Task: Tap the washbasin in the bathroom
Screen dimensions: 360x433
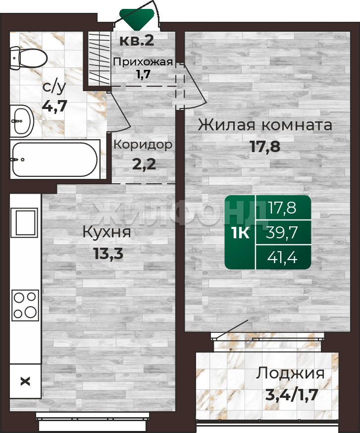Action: click(x=22, y=121)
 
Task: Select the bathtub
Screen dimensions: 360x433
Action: click(x=55, y=159)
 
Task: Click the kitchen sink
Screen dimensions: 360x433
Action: click(x=24, y=222)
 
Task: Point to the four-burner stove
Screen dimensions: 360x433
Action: click(x=25, y=305)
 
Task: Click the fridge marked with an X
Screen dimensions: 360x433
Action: click(x=25, y=381)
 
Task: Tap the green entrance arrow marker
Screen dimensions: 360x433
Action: click(x=137, y=19)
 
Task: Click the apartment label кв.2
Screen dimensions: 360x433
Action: click(x=137, y=41)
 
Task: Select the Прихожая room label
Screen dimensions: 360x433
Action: click(x=143, y=61)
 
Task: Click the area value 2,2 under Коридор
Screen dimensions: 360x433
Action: click(x=144, y=164)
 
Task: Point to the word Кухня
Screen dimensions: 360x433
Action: click(x=106, y=232)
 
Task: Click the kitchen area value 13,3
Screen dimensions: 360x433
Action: click(x=108, y=253)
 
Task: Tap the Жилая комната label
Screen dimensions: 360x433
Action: click(x=265, y=125)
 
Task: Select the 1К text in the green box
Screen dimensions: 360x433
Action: click(x=241, y=233)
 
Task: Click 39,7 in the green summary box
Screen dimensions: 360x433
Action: click(x=281, y=232)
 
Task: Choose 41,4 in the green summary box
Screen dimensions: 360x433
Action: click(x=282, y=257)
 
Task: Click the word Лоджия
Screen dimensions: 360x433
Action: click(x=290, y=374)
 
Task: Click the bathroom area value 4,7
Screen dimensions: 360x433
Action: click(x=54, y=106)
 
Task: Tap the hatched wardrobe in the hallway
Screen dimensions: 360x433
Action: click(x=100, y=59)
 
